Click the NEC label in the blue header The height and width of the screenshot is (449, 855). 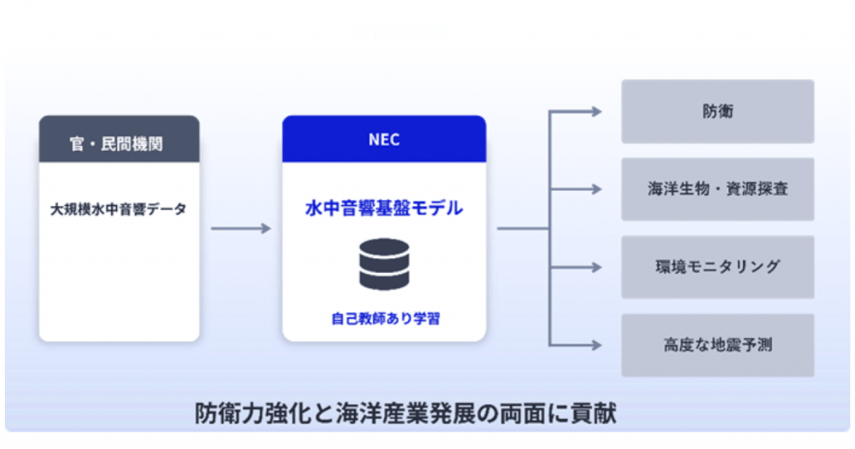pos(384,139)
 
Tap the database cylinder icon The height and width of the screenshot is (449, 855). pos(384,265)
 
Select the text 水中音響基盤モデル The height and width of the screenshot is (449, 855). pos(384,208)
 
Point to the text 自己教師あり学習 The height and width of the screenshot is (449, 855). pos(385,318)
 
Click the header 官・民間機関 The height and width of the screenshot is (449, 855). pos(116,144)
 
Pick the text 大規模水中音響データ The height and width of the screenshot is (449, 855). pos(119,209)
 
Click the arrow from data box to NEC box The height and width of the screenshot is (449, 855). pos(241,229)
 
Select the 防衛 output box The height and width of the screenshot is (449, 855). pos(717,112)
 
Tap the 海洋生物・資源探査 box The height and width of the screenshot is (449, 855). pos(717,189)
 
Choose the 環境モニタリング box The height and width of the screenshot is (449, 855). pos(717,267)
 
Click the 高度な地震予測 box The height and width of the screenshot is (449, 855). pos(717,345)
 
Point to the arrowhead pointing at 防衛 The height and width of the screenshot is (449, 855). pos(596,112)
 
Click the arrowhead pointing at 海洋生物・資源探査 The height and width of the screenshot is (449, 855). pos(596,189)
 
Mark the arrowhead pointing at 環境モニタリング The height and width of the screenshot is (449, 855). pos(596,267)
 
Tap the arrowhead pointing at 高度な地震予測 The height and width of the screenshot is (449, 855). pos(596,345)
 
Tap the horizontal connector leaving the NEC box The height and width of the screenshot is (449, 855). pos(524,229)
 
